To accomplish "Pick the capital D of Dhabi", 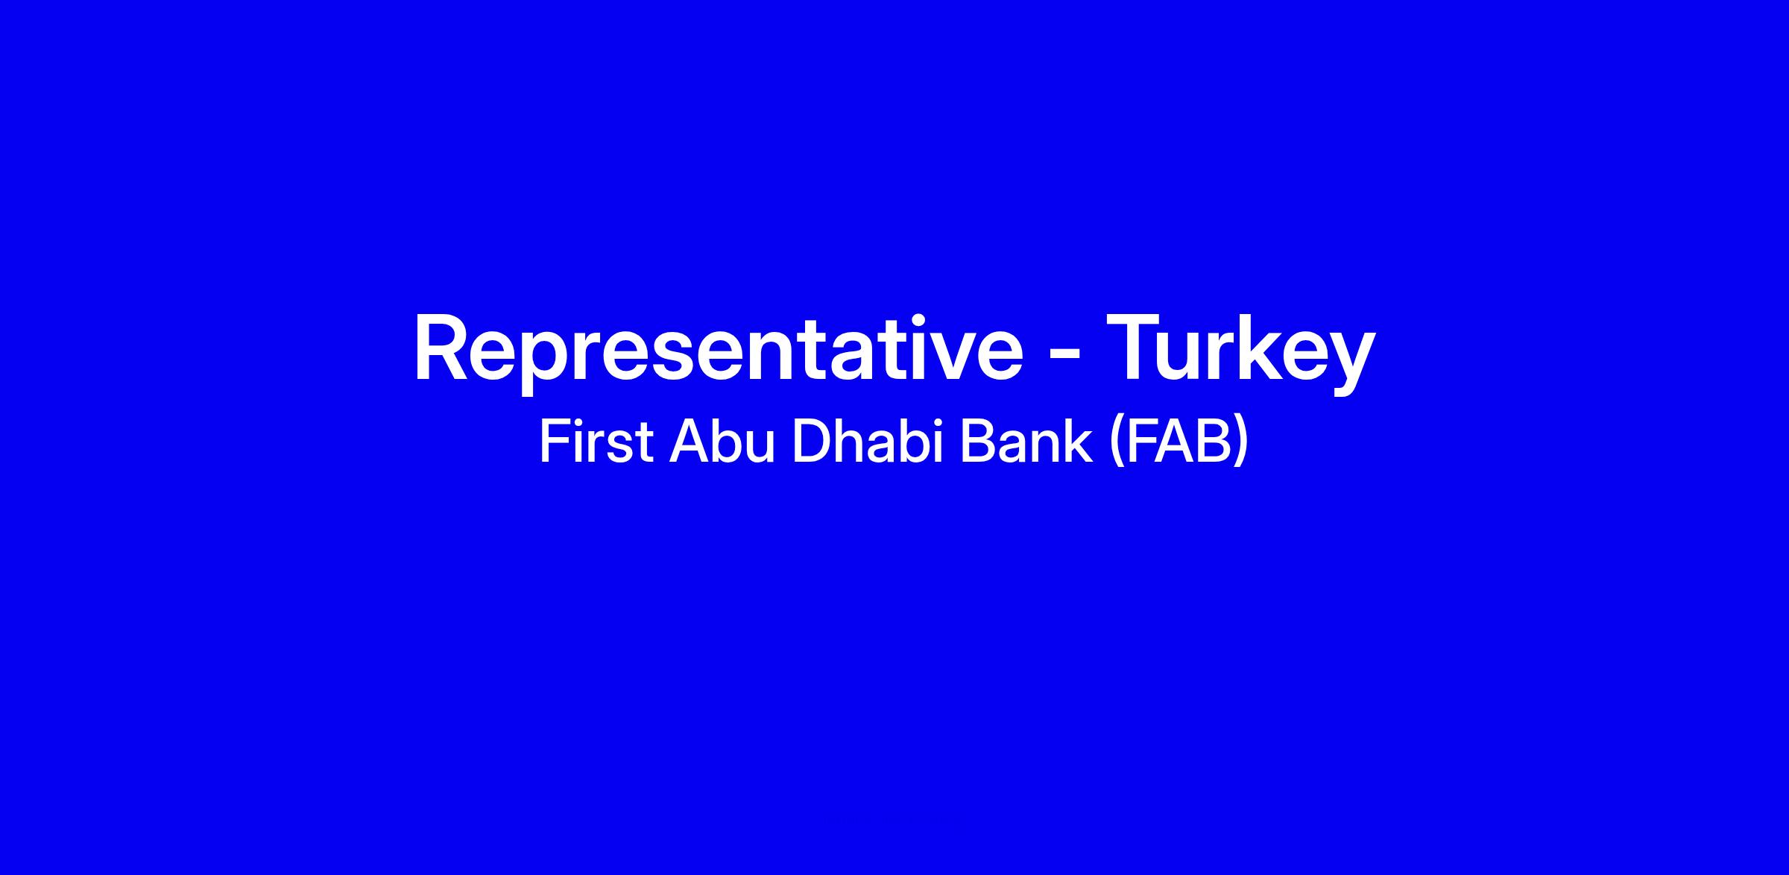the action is click(810, 442).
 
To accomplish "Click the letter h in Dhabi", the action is click(848, 442).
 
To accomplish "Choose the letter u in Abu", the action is click(761, 448).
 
